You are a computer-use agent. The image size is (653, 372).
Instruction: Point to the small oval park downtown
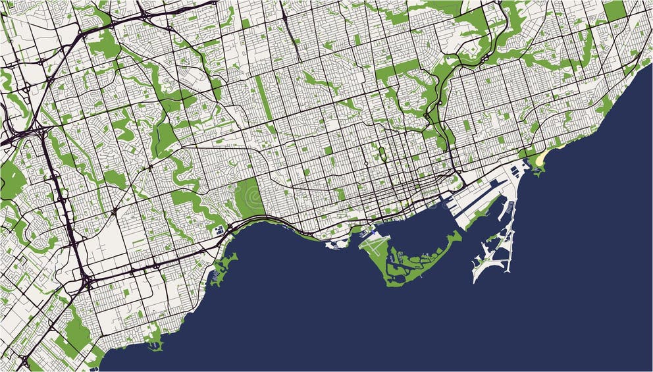[381, 154]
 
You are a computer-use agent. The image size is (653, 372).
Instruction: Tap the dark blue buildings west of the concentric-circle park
[219, 230]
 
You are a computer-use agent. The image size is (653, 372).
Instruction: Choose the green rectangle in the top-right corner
[614, 10]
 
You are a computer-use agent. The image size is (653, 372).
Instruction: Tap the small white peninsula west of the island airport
[336, 245]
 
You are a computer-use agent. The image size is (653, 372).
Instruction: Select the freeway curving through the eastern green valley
[437, 99]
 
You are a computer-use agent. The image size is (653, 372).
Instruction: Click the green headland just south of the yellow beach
[537, 170]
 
